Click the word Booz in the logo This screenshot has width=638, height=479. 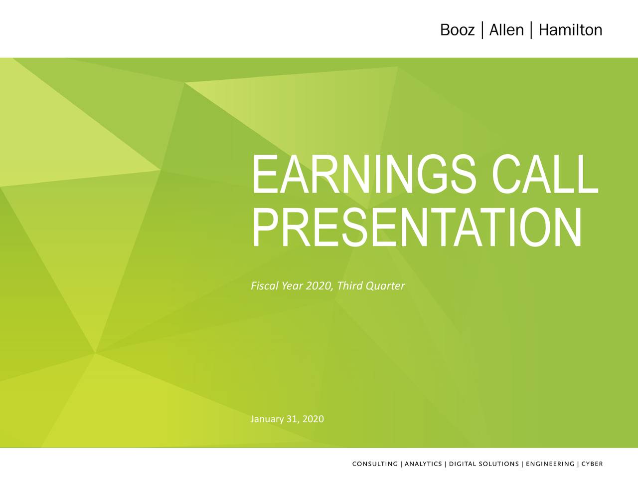point(457,30)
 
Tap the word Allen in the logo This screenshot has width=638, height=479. point(506,30)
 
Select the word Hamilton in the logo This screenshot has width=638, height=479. point(570,30)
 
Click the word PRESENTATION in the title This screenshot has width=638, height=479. point(417,228)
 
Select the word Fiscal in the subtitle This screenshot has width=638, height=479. point(265,286)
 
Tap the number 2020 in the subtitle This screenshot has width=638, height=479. point(319,286)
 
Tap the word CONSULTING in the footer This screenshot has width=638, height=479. point(375,464)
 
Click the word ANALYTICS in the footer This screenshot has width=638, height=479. point(423,464)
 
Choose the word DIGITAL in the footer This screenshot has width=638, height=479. point(463,464)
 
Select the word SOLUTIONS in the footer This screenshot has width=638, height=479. point(499,464)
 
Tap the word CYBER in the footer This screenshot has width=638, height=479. point(592,464)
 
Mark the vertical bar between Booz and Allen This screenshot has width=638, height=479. point(482,30)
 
